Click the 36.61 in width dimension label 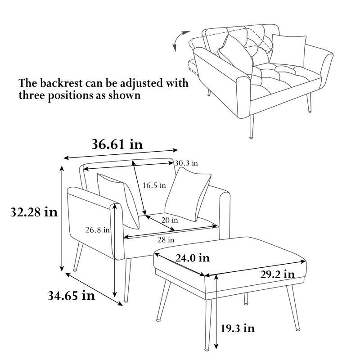pos(117,144)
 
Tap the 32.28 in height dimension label pos(34,212)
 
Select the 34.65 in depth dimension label pos(71,295)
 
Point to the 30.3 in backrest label pos(187,163)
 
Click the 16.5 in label pos(154,185)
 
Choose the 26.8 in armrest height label pos(98,230)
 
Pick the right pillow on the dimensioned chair pos(188,195)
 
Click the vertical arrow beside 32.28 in pos(62,218)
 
